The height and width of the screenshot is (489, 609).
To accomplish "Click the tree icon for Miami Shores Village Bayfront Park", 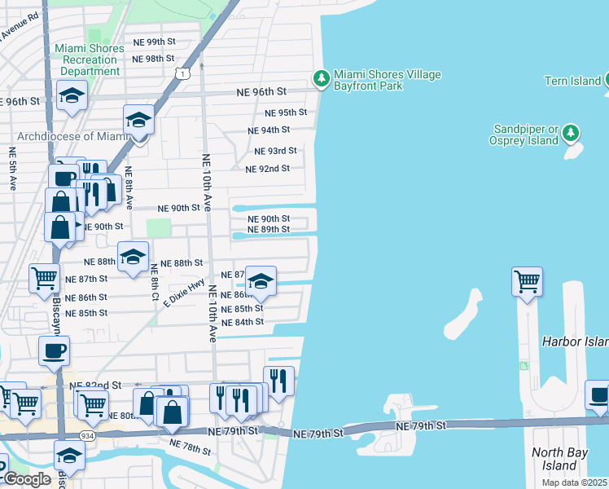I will [322, 78].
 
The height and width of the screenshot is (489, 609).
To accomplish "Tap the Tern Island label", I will [572, 80].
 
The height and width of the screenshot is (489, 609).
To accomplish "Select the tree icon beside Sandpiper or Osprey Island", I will [572, 132].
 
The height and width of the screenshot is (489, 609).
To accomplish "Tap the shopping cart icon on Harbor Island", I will [527, 282].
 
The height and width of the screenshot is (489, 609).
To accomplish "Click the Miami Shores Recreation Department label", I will [90, 59].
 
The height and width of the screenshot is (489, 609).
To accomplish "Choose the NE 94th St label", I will [269, 130].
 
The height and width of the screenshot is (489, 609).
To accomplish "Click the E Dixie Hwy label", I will [183, 291].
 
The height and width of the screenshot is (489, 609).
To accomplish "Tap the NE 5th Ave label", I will [11, 169].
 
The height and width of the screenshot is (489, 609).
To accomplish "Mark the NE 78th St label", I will [190, 447].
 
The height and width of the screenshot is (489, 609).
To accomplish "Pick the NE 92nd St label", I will [267, 169].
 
